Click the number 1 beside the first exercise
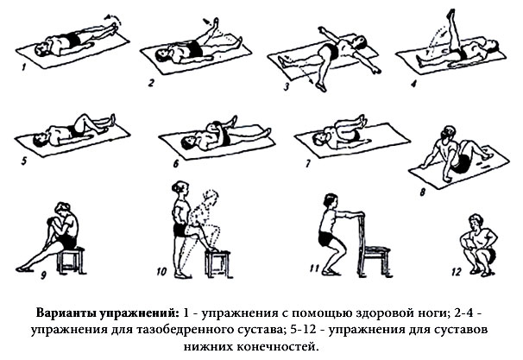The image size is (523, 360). click(x=23, y=67)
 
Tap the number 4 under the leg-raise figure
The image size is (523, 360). click(x=413, y=84)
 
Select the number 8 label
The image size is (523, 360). click(x=422, y=193)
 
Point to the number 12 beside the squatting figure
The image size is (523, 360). click(x=456, y=272)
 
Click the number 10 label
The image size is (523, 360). click(x=161, y=272)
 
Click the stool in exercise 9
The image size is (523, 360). click(x=71, y=260)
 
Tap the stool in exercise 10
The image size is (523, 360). click(x=218, y=263)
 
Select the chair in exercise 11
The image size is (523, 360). click(x=374, y=245)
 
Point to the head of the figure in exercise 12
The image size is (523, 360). click(x=476, y=222)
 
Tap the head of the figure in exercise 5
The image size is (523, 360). click(x=39, y=140)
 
